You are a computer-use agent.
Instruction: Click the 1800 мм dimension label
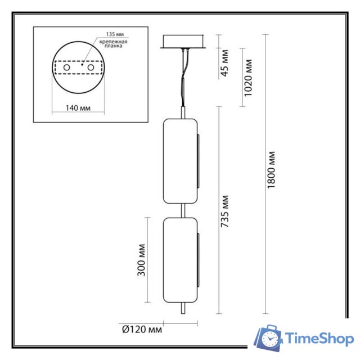[272, 170]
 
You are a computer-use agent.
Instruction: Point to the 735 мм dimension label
[225, 211]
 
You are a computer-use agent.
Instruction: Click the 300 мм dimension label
[141, 259]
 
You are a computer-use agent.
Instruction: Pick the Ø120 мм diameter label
[141, 328]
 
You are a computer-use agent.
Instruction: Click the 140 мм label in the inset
[78, 107]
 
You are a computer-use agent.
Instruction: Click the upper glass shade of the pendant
[179, 161]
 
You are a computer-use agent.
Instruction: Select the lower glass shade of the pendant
[179, 260]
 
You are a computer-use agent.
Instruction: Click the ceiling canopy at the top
[183, 42]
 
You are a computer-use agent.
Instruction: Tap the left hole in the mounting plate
[66, 67]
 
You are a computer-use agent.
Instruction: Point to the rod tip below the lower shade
[181, 309]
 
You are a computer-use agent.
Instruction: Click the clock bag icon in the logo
[268, 339]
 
